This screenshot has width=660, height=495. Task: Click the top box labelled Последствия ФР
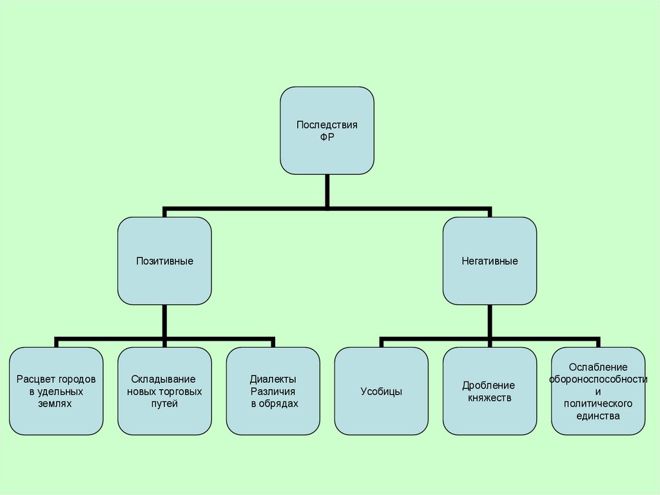(x=327, y=130)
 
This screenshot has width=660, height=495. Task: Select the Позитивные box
(x=164, y=261)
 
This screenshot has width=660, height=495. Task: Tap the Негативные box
(x=489, y=261)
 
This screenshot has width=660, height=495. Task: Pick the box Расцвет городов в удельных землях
(x=56, y=390)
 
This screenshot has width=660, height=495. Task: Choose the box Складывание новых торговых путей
(x=164, y=390)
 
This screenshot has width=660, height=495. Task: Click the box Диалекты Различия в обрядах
(x=273, y=390)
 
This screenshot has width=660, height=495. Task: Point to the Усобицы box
(x=382, y=390)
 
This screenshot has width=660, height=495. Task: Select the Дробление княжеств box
(x=489, y=390)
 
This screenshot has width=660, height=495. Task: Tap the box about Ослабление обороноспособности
(x=598, y=390)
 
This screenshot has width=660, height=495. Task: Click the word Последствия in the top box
(x=327, y=125)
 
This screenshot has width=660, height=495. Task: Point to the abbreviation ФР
(x=327, y=137)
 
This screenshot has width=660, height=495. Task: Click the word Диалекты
(x=273, y=379)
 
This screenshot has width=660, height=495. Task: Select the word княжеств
(x=489, y=398)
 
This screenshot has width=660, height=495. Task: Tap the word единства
(x=598, y=416)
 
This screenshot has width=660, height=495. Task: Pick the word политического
(x=598, y=404)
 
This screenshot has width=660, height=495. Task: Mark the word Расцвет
(x=32, y=379)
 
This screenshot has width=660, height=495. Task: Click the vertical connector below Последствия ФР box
(x=327, y=191)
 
